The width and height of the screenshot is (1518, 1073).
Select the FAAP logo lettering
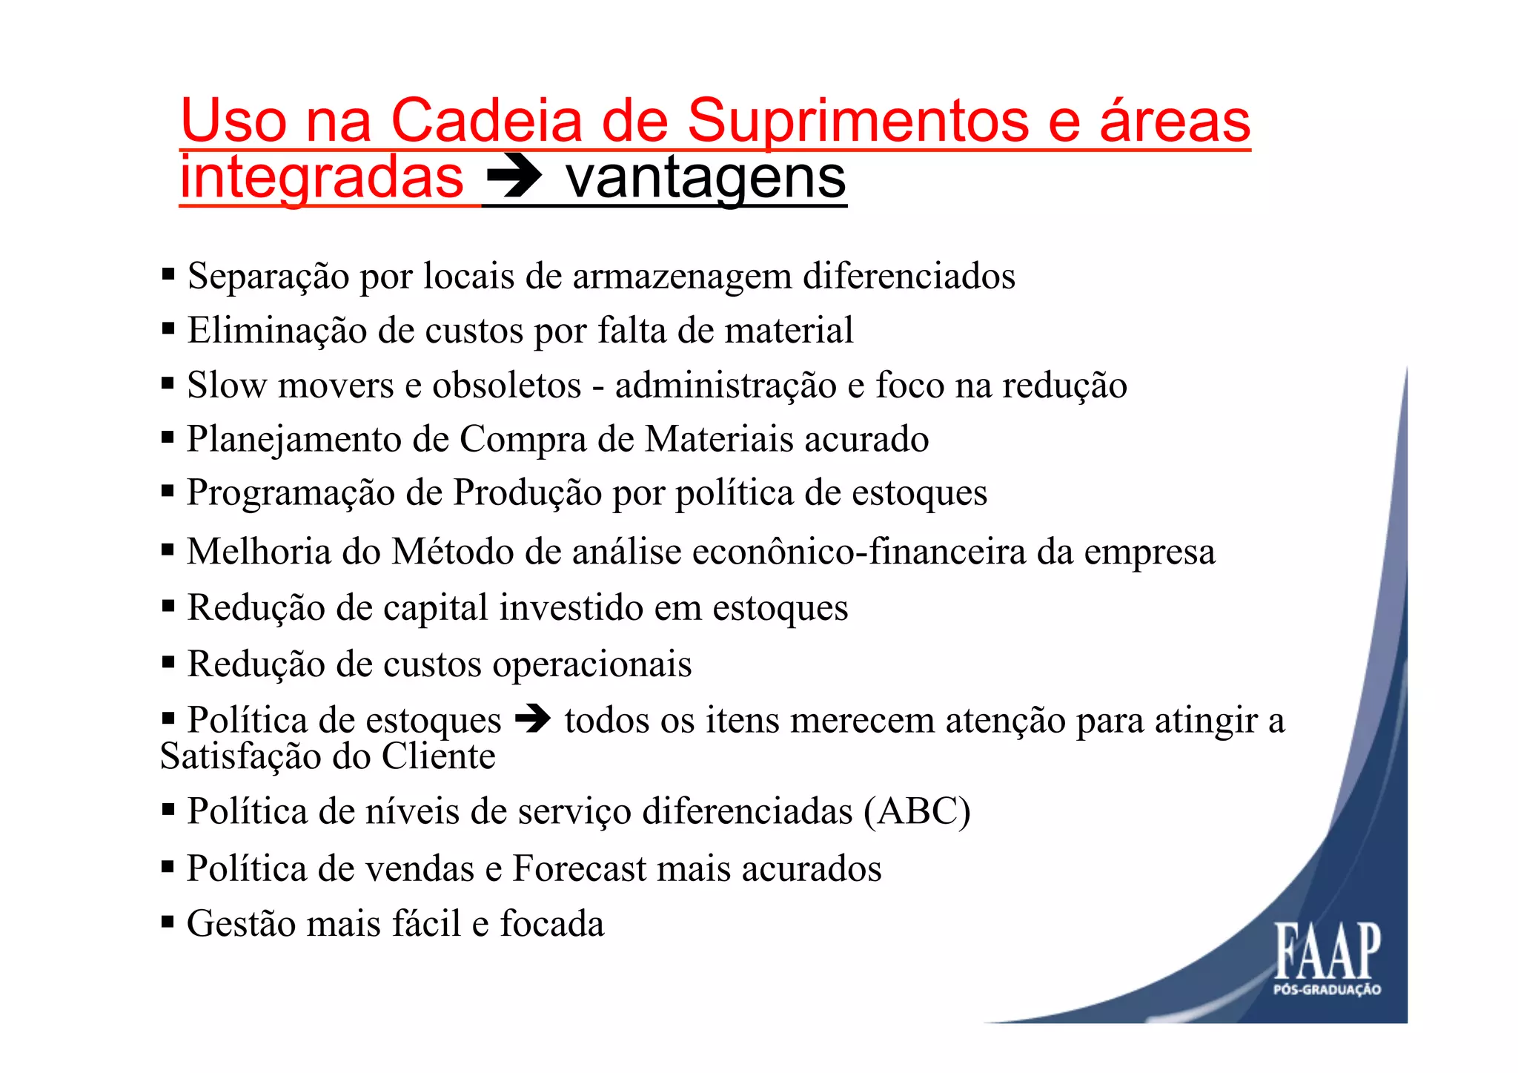pos(1328,951)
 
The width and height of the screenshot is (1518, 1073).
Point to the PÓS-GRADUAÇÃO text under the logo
pos(1327,989)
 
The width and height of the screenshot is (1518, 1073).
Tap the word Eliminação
pos(276,330)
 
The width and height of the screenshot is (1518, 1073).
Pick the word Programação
pos(290,493)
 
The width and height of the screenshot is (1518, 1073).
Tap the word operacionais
pos(592,664)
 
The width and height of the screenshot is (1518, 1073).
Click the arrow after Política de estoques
pos(533,719)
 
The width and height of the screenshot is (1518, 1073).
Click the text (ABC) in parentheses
pos(917,811)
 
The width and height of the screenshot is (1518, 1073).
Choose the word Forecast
pos(580,868)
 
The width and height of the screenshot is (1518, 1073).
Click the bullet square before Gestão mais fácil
pos(168,922)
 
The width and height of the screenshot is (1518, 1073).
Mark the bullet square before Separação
pos(168,275)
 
